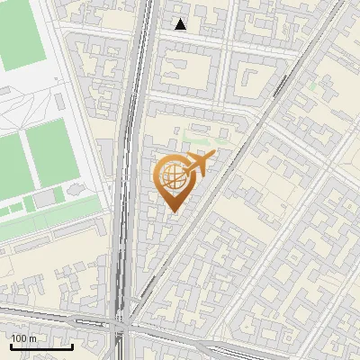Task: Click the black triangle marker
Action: (181, 24)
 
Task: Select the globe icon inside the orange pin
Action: (171, 175)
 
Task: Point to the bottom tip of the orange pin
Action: (172, 210)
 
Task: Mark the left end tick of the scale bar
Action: (10, 346)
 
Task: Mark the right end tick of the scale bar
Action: (72, 346)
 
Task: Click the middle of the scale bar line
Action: (40, 346)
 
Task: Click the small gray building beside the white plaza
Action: (104, 148)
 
